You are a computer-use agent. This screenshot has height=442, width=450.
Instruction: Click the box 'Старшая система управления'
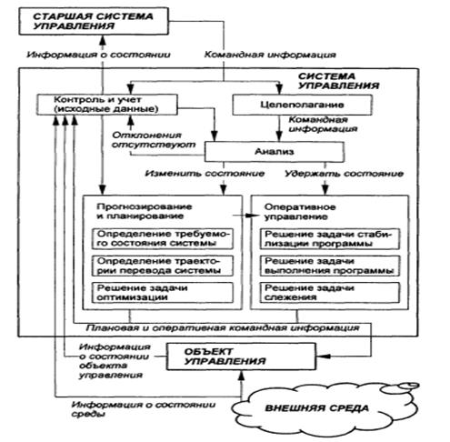pyautogui.click(x=94, y=21)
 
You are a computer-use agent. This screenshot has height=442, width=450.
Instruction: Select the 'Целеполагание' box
pyautogui.click(x=302, y=105)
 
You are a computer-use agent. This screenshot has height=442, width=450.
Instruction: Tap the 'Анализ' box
pyautogui.click(x=275, y=152)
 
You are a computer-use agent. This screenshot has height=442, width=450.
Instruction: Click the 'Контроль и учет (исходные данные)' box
pyautogui.click(x=107, y=105)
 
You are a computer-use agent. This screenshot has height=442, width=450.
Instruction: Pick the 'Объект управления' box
pyautogui.click(x=241, y=357)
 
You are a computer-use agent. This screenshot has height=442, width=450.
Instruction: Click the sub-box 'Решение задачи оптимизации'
pyautogui.click(x=163, y=293)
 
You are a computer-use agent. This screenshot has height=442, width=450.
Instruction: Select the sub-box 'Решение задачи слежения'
pyautogui.click(x=330, y=293)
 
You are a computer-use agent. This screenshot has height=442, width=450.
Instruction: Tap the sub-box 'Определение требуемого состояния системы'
pyautogui.click(x=163, y=239)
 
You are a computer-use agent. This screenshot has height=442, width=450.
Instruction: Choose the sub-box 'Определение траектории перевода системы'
pyautogui.click(x=163, y=266)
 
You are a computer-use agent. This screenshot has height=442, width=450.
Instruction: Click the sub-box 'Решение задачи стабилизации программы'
pyautogui.click(x=330, y=239)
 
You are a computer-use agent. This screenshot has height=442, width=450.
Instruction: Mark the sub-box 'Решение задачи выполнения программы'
pyautogui.click(x=330, y=266)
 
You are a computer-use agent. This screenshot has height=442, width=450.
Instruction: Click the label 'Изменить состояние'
pyautogui.click(x=205, y=174)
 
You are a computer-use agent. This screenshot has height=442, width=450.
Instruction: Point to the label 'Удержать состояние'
pyautogui.click(x=345, y=174)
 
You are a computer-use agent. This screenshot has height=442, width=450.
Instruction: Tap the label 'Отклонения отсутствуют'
pyautogui.click(x=154, y=140)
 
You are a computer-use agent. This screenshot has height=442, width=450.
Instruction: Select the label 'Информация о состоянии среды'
pyautogui.click(x=144, y=409)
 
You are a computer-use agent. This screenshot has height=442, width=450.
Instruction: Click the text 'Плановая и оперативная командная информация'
pyautogui.click(x=223, y=328)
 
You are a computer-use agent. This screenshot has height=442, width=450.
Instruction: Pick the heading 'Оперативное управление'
pyautogui.click(x=300, y=212)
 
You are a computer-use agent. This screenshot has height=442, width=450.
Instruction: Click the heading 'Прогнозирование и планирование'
pyautogui.click(x=145, y=211)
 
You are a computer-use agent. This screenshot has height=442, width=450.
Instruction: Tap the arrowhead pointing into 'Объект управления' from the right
pyautogui.click(x=323, y=356)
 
